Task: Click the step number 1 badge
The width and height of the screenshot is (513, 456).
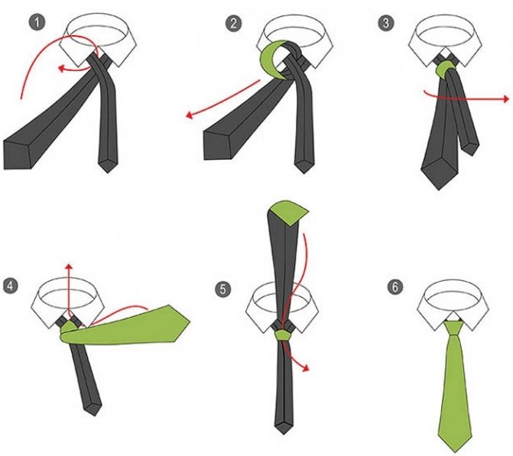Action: coord(37,23)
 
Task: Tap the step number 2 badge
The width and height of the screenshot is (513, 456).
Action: coord(233,24)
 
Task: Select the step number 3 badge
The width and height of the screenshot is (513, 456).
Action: coord(386,23)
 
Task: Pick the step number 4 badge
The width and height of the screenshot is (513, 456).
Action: coord(10,286)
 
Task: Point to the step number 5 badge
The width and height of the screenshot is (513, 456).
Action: coord(222,289)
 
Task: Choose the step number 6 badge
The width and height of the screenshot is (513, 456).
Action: coord(395,286)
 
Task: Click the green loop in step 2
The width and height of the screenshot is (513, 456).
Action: coord(270,59)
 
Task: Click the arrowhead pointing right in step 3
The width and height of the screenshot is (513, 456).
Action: coord(506,99)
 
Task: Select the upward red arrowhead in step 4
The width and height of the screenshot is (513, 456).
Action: coord(69,266)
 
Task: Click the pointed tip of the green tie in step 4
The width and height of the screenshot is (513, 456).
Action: coord(189,322)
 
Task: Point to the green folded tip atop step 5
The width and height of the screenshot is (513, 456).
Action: coord(289,212)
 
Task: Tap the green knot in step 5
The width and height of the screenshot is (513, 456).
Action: coord(282,335)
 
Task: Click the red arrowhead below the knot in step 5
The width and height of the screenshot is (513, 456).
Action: coord(306,368)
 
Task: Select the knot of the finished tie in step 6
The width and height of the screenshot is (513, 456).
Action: coord(453,328)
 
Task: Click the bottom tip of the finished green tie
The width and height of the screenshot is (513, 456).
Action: coord(456,451)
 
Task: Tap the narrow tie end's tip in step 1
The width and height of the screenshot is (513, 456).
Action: coord(108,172)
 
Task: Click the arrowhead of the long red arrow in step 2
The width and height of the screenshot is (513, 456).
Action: coord(190,115)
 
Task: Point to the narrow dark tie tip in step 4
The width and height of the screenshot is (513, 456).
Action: coord(94,415)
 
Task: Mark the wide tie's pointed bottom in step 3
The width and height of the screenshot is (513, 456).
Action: coord(439,189)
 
